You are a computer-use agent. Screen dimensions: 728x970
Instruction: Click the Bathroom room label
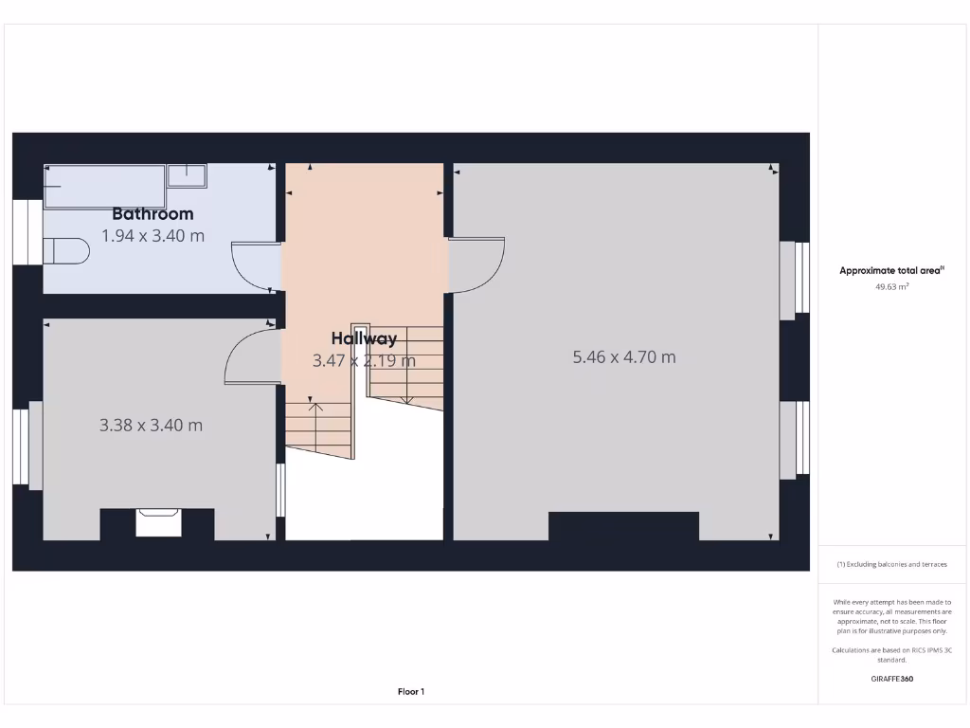pos(153,214)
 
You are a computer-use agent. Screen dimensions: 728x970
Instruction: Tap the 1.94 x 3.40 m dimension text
pos(153,236)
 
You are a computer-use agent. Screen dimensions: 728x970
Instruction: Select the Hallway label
pos(364,338)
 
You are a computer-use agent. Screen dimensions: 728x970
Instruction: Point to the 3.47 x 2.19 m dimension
pos(364,360)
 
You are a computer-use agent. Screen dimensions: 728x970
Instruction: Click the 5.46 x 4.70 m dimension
pos(624,357)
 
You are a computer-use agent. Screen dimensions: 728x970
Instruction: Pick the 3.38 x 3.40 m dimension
pos(151,426)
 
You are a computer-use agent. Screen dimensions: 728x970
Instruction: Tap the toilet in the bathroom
pos(66,251)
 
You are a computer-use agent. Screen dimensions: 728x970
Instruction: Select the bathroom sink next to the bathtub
pos(187,174)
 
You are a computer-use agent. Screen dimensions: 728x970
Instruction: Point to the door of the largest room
pos(476,265)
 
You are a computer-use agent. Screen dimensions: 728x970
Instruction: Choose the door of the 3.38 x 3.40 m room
pos(252,356)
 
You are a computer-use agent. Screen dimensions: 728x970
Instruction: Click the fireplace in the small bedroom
pos(158,522)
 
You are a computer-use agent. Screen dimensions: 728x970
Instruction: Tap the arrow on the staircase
pos(316,409)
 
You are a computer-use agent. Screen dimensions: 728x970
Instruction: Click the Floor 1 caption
pos(411,692)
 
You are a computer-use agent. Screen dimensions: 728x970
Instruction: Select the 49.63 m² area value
pos(892,285)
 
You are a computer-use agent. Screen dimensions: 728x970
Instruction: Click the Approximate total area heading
pos(891,271)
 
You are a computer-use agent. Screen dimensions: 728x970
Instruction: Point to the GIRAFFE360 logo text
pos(892,679)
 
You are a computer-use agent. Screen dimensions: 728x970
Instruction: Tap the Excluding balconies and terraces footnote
pos(891,564)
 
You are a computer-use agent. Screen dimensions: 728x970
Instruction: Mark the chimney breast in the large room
pos(623,526)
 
